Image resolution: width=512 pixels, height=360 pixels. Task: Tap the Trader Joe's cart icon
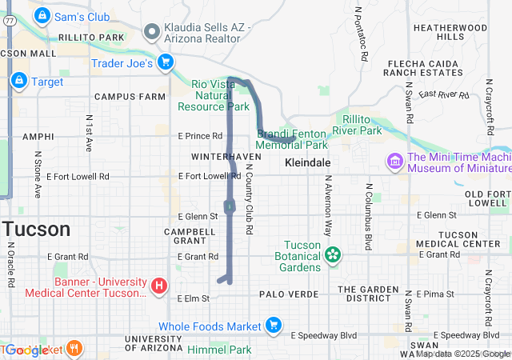pyautogui.click(x=166, y=62)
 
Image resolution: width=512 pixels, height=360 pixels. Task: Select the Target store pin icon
pyautogui.click(x=18, y=81)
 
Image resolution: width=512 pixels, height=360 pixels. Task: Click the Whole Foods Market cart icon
pyautogui.click(x=274, y=326)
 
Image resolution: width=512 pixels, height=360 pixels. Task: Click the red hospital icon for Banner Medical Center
pyautogui.click(x=159, y=284)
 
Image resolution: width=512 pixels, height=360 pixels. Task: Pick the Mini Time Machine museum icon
pyautogui.click(x=394, y=162)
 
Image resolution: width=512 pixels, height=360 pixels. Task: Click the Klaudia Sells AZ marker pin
pyautogui.click(x=151, y=31)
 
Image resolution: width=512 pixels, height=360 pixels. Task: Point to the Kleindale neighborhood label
pyautogui.click(x=308, y=162)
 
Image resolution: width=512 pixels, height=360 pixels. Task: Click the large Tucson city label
pyautogui.click(x=35, y=230)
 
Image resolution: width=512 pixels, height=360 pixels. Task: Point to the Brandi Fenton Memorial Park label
pyautogui.click(x=292, y=140)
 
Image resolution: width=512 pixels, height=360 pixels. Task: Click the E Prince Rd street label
pyautogui.click(x=200, y=136)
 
